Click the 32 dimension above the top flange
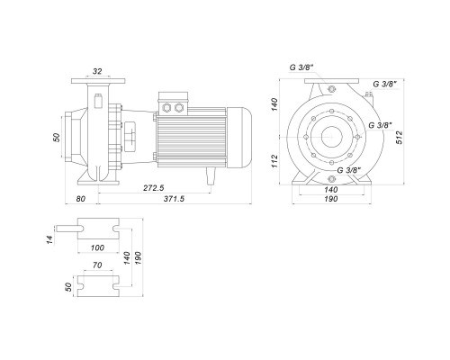click(97, 71)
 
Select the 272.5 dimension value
click(154, 188)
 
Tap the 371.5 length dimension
click(174, 199)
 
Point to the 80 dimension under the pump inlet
click(80, 199)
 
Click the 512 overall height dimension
click(400, 138)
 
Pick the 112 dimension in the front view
click(274, 161)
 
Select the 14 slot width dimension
click(49, 239)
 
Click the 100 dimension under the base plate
click(97, 247)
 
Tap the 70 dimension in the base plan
click(97, 265)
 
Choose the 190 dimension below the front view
click(331, 199)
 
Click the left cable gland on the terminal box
click(166, 107)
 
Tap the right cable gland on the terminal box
click(179, 107)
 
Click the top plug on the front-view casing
click(331, 89)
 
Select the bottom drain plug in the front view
click(331, 179)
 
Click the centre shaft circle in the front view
click(331, 137)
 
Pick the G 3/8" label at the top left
click(301, 67)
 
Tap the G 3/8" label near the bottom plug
click(349, 170)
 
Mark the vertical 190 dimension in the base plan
click(138, 257)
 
